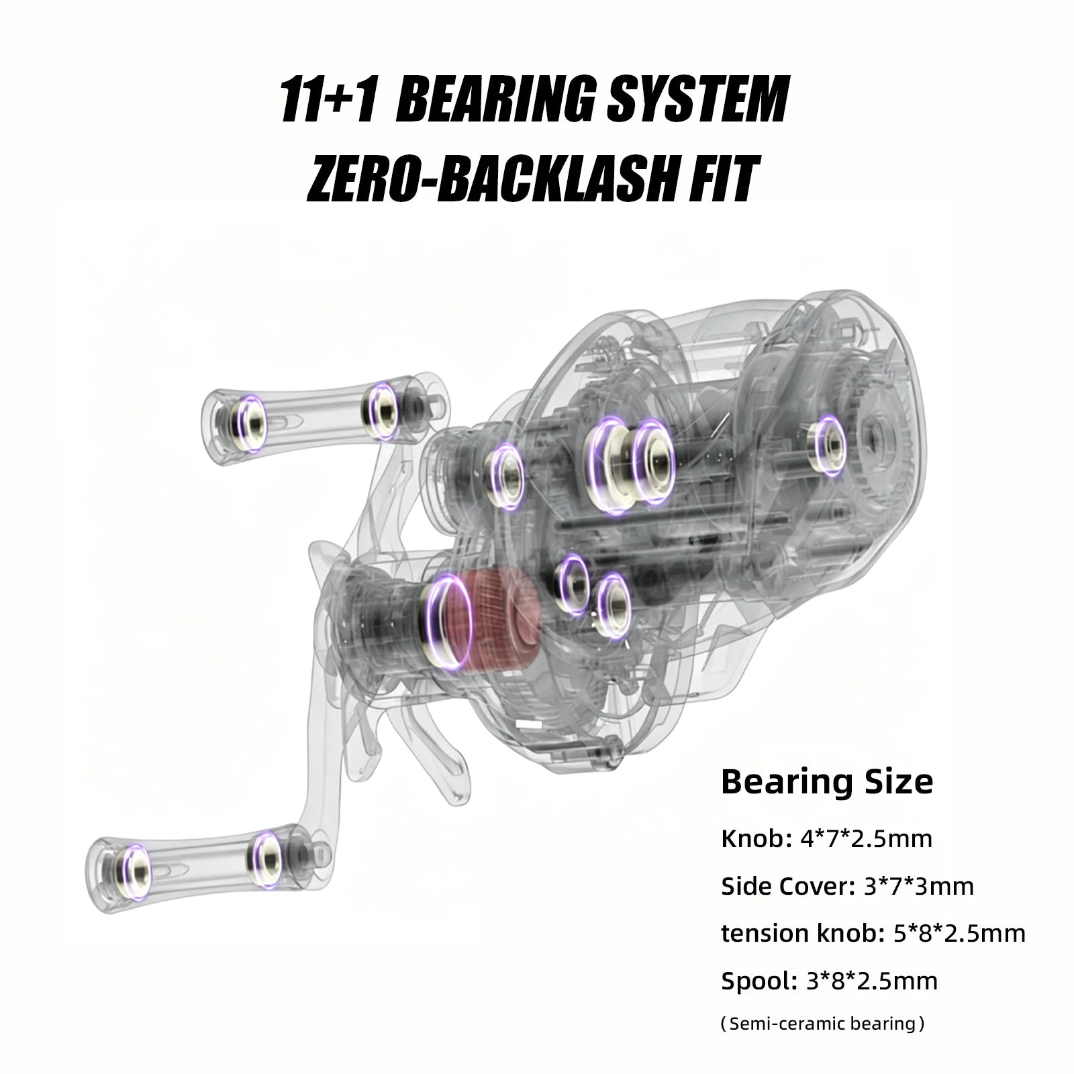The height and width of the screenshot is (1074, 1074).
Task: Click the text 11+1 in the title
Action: [327, 99]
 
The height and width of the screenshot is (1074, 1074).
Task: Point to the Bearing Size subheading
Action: [827, 782]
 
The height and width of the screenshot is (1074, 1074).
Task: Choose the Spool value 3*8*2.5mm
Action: [871, 981]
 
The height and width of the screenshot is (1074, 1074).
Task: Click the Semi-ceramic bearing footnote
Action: [822, 1024]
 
